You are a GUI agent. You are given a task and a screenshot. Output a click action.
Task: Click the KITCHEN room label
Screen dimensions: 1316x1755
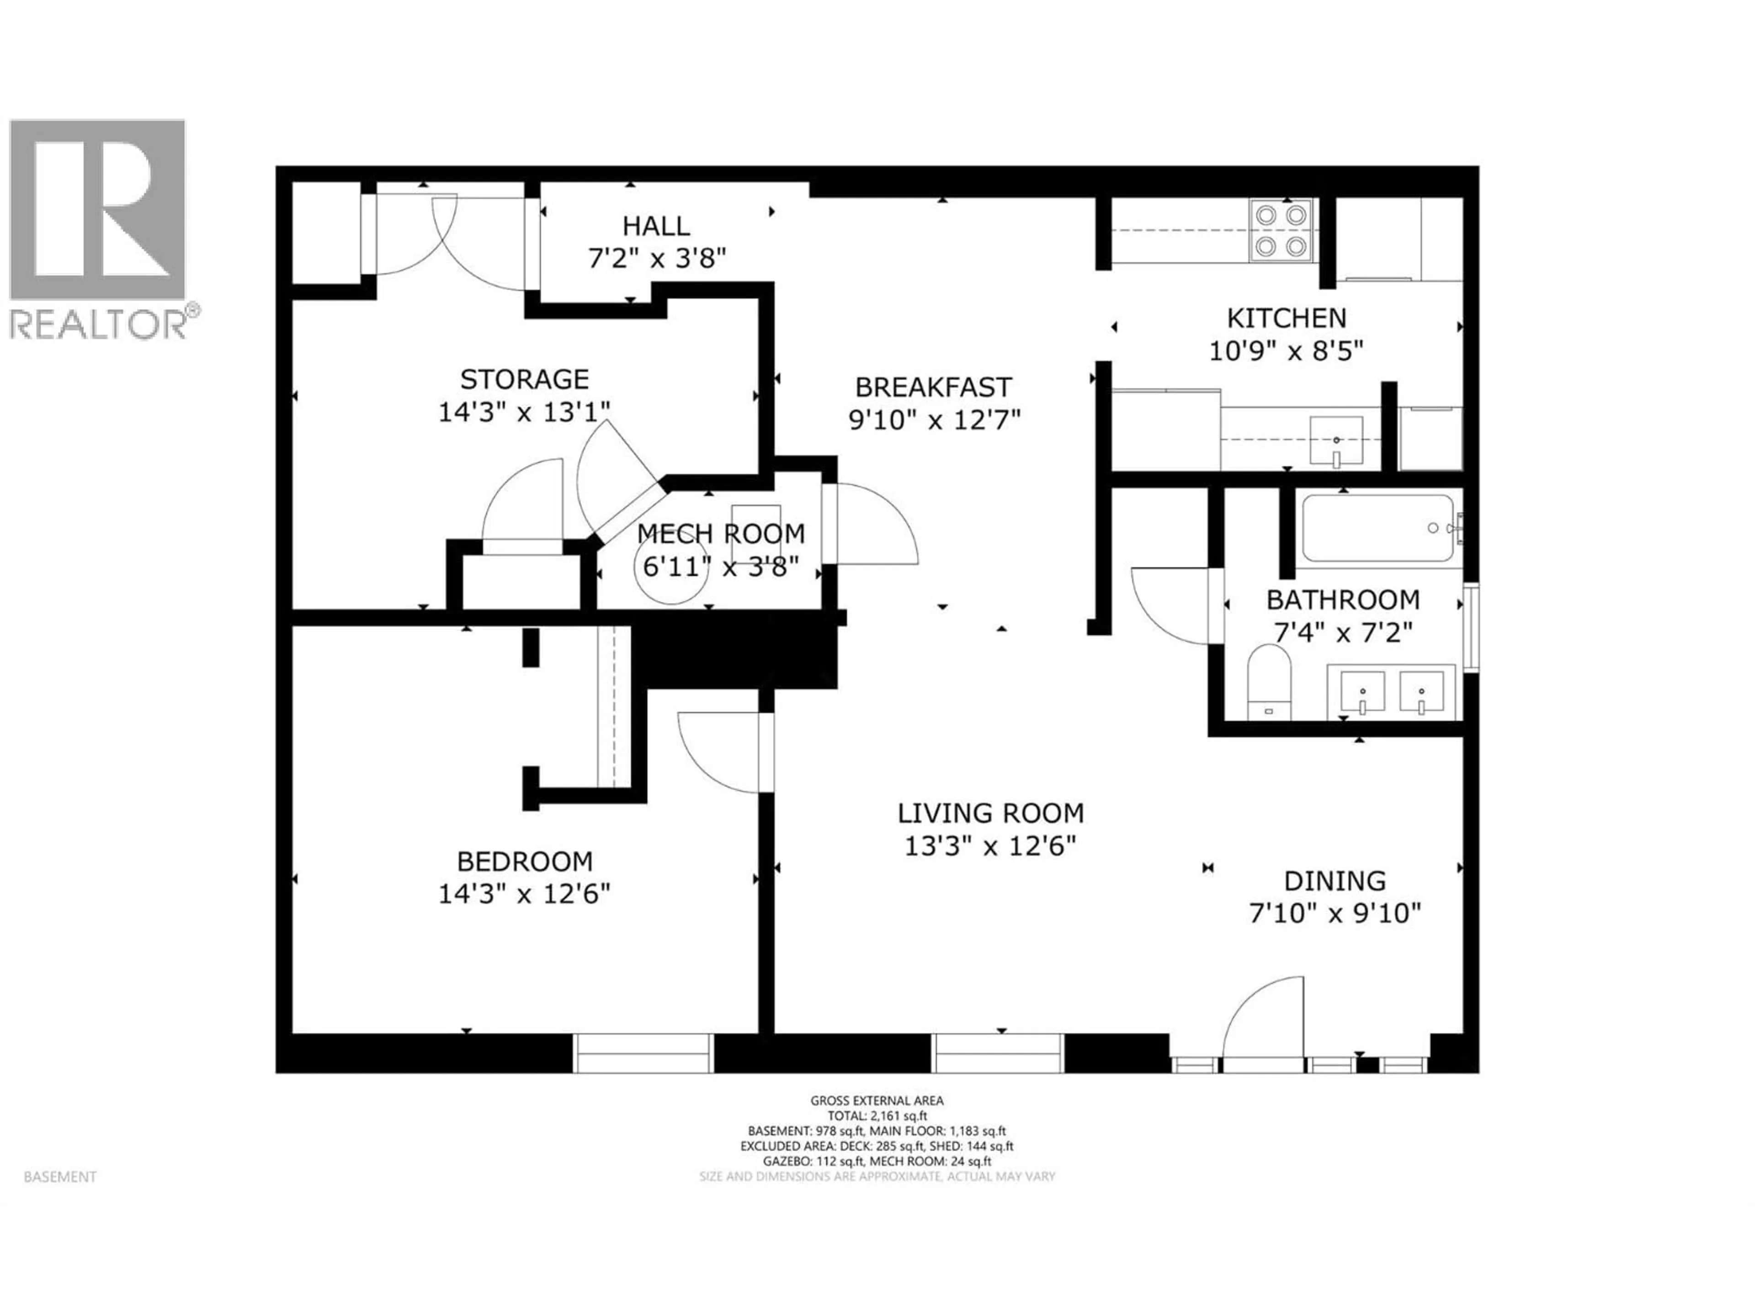tap(1286, 318)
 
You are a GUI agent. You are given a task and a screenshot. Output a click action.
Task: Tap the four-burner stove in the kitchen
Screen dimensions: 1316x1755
tap(1281, 231)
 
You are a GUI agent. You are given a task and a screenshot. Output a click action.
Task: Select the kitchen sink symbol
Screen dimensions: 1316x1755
tap(1336, 441)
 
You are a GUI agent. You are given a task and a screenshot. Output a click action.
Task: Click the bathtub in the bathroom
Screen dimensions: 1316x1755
tap(1378, 528)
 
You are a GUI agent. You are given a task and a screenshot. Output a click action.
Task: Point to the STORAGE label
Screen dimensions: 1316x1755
tap(524, 379)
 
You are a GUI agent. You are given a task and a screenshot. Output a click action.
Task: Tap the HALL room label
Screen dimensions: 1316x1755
tap(655, 226)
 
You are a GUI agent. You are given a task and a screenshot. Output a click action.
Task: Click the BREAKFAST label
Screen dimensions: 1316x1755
tap(933, 387)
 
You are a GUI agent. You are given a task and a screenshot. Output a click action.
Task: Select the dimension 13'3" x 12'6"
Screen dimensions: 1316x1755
tap(990, 846)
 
